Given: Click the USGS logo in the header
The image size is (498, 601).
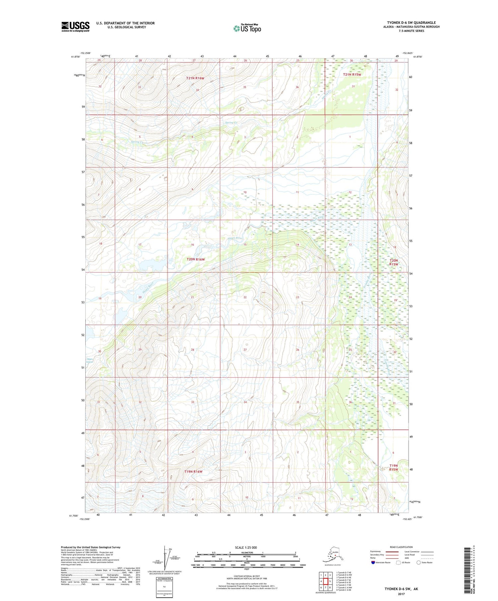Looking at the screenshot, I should point(75,27).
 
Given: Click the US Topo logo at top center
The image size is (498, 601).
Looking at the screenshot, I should point(247,28).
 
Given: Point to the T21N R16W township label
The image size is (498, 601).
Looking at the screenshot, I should point(195,78).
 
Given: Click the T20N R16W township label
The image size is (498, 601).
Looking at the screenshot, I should point(196,259).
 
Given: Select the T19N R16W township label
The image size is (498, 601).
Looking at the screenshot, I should point(193,471).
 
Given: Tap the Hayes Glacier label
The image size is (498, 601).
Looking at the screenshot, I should point(90,361).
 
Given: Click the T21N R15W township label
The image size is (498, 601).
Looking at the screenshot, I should point(352,75).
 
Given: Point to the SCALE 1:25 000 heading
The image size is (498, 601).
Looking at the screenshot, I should point(246,547).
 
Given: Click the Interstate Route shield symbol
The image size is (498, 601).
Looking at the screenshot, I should point(373,563).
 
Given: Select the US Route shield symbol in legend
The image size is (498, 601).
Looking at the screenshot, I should point(398,563).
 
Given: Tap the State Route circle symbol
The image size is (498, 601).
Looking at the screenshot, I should point(418,563).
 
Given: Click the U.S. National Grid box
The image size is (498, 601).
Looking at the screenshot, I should point(164,587).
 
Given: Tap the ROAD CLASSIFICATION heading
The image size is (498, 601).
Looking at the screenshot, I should point(401,547).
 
